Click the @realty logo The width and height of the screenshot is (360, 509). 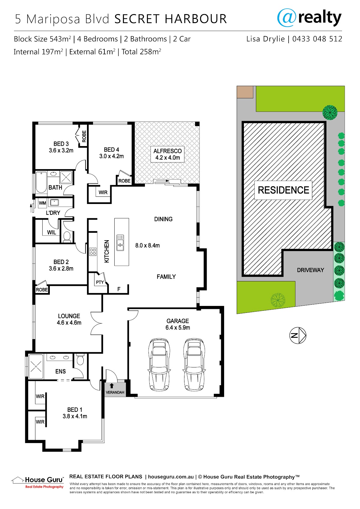tap(309, 18)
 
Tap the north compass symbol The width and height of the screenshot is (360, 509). tap(298, 335)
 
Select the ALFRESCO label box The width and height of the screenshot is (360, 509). tap(167, 154)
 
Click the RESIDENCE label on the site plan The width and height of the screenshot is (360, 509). tap(283, 190)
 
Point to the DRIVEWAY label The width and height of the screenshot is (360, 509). tap(310, 270)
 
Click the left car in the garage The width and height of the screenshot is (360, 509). tap(159, 364)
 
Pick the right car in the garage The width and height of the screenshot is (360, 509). tap(194, 364)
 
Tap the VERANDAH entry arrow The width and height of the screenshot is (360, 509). tap(112, 386)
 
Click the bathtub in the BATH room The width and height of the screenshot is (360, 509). tap(41, 182)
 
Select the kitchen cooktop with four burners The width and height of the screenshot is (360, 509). tap(93, 252)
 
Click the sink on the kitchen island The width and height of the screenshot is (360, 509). tap(120, 243)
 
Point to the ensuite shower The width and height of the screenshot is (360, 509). tap(36, 367)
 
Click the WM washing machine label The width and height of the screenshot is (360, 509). tap(43, 203)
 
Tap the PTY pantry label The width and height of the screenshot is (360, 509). tap(100, 283)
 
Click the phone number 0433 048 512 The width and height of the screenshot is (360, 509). tap(317, 39)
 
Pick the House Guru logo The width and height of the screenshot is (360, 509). tap(37, 482)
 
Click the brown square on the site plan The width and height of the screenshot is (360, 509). tap(245, 92)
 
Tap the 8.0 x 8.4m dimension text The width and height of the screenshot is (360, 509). tap(148, 245)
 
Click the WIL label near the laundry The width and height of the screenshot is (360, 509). tap(52, 232)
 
